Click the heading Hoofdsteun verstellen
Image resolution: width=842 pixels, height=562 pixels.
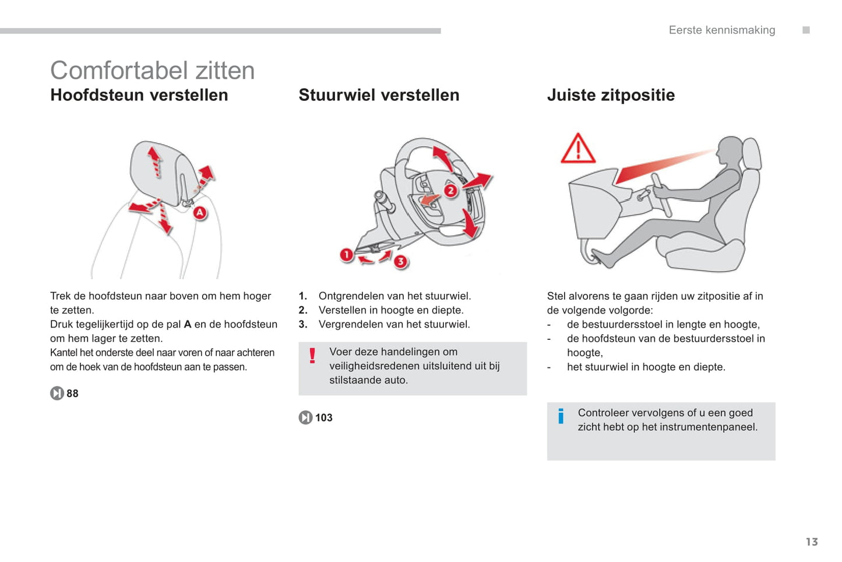click(139, 95)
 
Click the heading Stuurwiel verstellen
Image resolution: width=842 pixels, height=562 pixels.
click(379, 95)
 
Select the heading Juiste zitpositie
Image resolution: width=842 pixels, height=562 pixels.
click(611, 95)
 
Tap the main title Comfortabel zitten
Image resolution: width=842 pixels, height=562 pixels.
click(152, 71)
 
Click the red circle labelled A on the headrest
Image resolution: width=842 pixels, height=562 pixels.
click(200, 213)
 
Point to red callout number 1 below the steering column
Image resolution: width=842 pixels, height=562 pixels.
click(347, 255)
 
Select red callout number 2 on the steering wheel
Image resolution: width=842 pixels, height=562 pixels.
click(450, 191)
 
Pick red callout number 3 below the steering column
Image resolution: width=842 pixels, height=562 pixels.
click(400, 262)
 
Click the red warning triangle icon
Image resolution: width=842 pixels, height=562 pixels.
click(577, 149)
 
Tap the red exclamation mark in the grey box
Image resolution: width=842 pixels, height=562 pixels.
click(312, 356)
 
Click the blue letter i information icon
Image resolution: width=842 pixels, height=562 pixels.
click(561, 416)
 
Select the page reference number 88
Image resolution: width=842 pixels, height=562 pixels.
click(72, 394)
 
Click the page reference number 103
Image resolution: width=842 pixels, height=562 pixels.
click(323, 417)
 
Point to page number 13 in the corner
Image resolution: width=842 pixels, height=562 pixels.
click(812, 542)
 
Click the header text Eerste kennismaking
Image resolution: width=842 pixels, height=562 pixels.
click(721, 30)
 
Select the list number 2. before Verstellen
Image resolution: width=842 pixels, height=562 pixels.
click(303, 310)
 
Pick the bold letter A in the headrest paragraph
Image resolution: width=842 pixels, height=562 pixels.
click(188, 324)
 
